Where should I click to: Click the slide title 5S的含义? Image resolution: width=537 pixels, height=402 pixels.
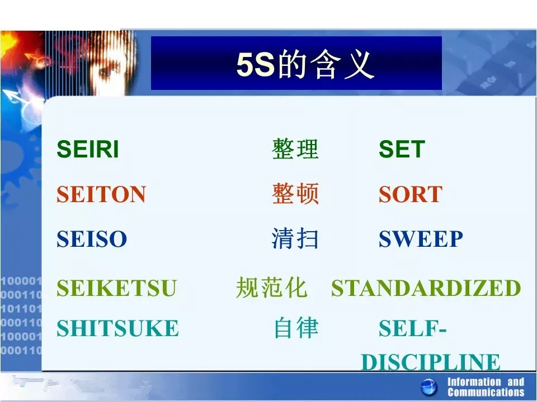click(x=305, y=64)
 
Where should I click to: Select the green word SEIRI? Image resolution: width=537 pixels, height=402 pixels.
click(x=88, y=149)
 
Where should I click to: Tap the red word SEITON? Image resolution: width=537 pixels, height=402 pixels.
click(x=101, y=194)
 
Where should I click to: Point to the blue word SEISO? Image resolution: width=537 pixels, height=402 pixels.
click(x=92, y=238)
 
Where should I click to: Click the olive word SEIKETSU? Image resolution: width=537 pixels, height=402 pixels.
click(x=116, y=288)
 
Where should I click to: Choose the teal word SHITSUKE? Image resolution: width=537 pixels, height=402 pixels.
click(x=118, y=328)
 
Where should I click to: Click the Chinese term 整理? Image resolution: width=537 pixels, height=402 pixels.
click(x=295, y=149)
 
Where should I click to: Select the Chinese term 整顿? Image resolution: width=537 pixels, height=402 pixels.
click(x=295, y=194)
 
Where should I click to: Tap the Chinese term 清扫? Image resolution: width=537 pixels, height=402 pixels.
click(x=295, y=238)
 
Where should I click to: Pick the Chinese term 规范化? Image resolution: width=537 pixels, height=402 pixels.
click(x=271, y=288)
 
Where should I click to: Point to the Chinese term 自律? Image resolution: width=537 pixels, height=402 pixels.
click(x=296, y=328)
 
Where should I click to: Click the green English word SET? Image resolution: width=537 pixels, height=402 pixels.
click(x=402, y=149)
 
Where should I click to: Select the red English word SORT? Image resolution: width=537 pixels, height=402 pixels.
click(x=411, y=194)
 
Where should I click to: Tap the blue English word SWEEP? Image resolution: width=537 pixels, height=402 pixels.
click(x=421, y=238)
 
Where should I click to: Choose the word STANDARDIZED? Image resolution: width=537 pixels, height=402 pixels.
click(x=426, y=288)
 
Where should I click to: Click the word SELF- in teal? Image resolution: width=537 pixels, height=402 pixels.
click(x=413, y=328)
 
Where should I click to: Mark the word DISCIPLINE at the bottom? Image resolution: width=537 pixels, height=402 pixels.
click(x=431, y=362)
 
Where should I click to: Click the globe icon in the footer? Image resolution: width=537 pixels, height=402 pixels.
click(x=429, y=387)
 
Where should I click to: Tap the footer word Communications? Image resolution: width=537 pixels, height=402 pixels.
click(x=486, y=392)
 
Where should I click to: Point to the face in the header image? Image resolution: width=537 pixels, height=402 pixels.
click(x=111, y=65)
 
